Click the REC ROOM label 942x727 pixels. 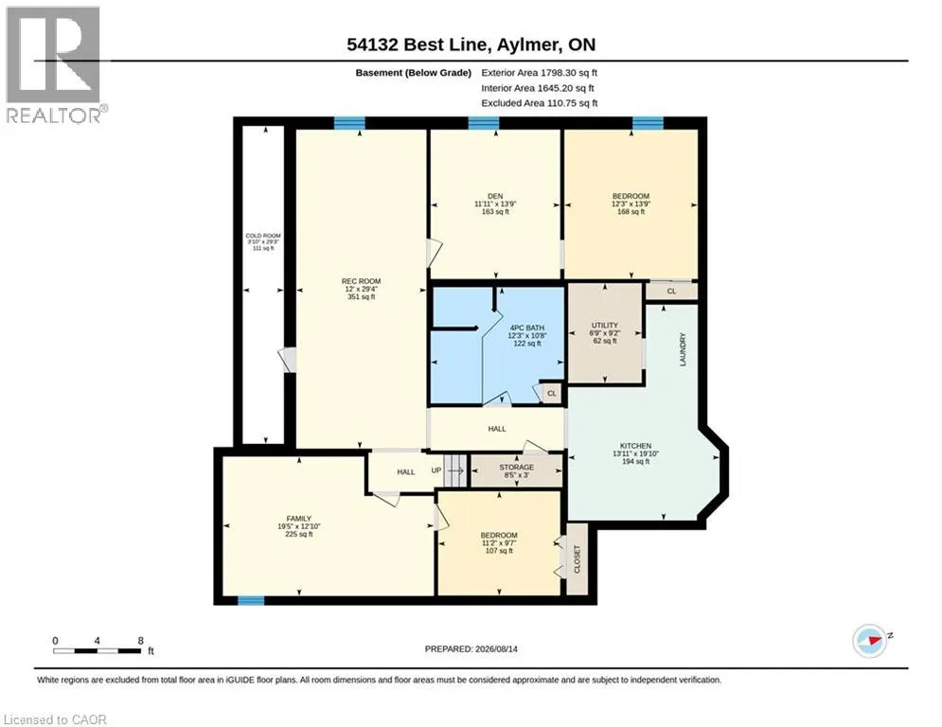click(361, 281)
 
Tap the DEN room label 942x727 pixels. click(495, 196)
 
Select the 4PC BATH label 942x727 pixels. click(527, 328)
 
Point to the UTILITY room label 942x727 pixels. click(604, 325)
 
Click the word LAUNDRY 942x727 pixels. click(683, 349)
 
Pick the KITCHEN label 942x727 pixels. click(635, 446)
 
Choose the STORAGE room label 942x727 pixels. click(517, 467)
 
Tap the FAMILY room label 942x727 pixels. click(298, 519)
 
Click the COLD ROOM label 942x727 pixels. click(263, 236)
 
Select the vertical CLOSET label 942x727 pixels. click(578, 559)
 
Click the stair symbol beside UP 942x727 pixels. click(456, 470)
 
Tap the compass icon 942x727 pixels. click(870, 641)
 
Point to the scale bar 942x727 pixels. click(98, 650)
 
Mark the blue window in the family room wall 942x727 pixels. click(251, 600)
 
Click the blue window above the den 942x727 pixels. click(484, 123)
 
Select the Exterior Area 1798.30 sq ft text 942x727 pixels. click(540, 73)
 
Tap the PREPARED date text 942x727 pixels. click(471, 648)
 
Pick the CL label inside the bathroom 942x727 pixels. click(552, 394)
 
